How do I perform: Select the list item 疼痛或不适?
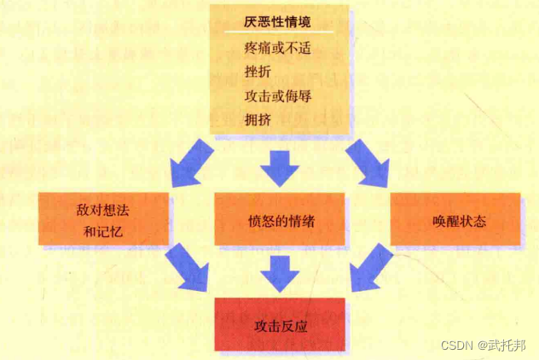tap(276, 49)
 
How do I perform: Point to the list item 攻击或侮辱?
tap(276, 96)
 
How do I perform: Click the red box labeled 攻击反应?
tap(281, 325)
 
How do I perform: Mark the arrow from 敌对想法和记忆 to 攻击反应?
tap(188, 268)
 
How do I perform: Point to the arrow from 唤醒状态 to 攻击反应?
tap(369, 268)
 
